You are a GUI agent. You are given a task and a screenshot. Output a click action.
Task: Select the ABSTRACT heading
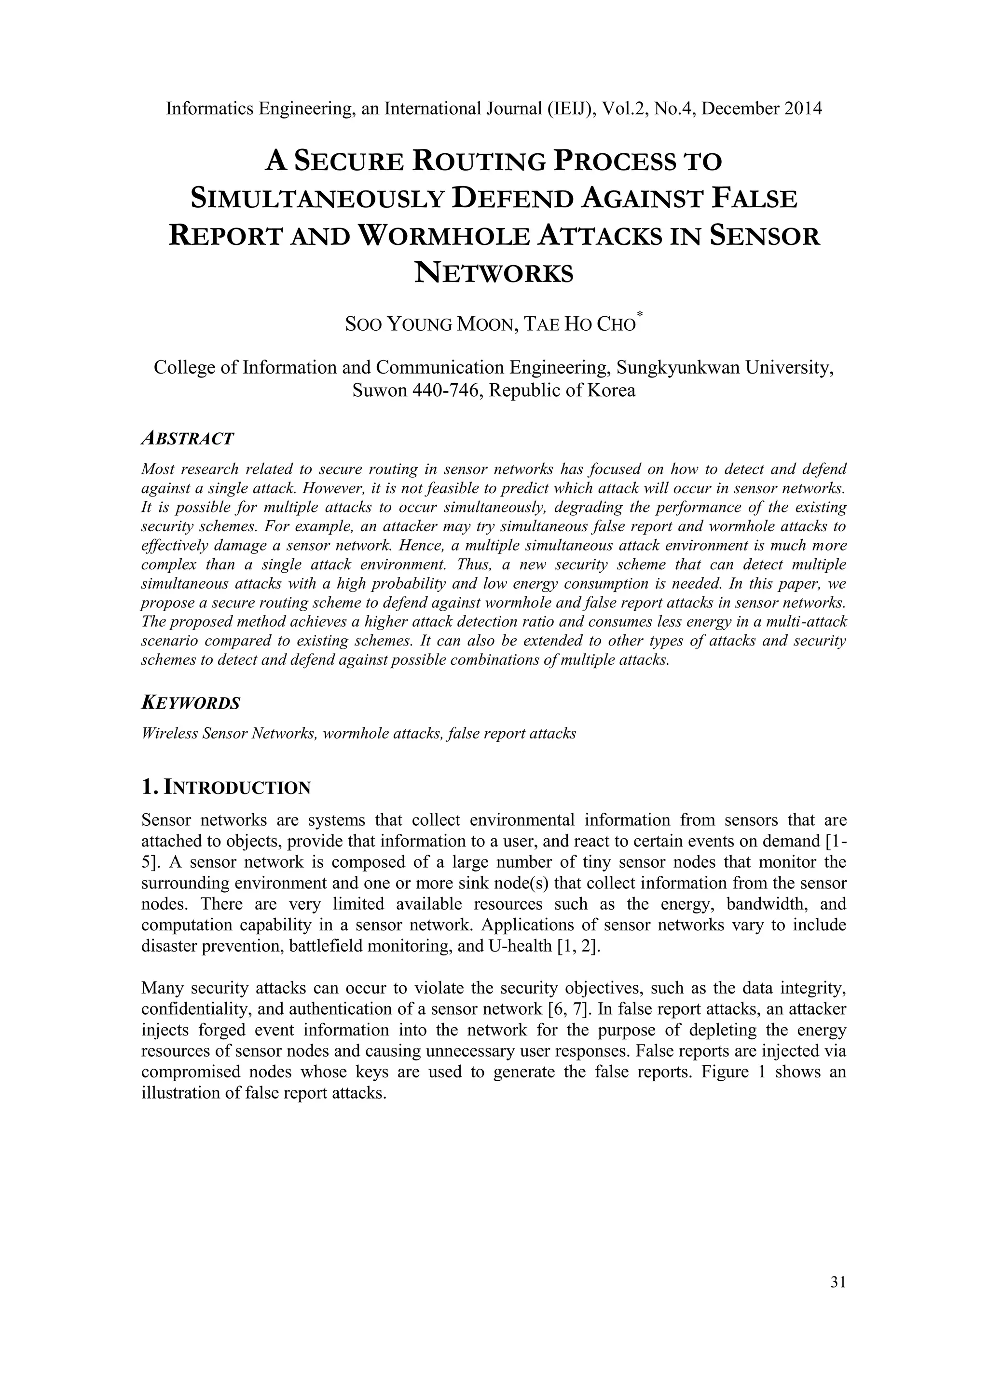187,438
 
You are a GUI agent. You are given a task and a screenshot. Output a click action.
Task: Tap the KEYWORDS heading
191,703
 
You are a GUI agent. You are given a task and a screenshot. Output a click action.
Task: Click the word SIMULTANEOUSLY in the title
317,199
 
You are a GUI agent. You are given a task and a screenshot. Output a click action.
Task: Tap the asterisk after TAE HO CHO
639,315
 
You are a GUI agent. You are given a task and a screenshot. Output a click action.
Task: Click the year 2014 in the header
802,109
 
